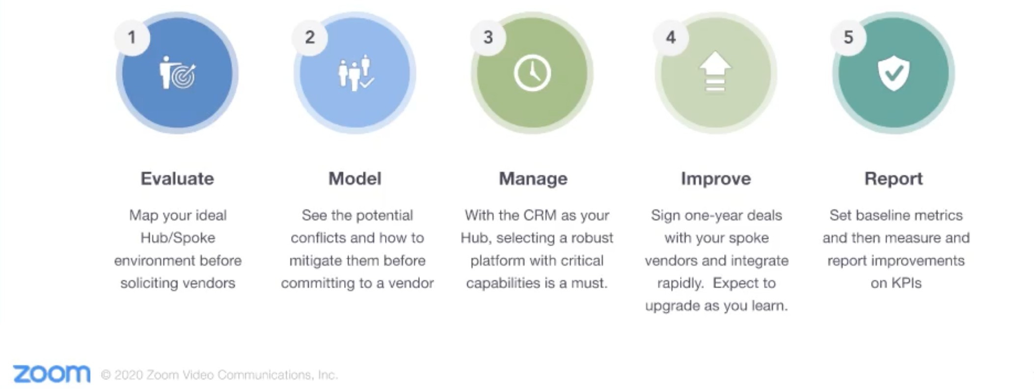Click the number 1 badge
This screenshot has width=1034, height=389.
click(132, 37)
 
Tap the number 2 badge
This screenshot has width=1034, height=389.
click(309, 37)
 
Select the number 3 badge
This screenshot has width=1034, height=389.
click(488, 37)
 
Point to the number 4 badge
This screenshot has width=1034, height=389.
click(671, 37)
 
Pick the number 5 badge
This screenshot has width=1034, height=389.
click(848, 37)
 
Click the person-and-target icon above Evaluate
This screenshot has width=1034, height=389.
click(177, 74)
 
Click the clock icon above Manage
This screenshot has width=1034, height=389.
click(532, 74)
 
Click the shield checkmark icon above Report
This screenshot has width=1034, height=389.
click(894, 74)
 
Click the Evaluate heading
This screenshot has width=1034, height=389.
click(177, 178)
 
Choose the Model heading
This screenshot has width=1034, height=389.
click(355, 178)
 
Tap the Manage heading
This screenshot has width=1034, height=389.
click(533, 178)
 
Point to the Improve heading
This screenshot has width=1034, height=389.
click(716, 178)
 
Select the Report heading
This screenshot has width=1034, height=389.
click(894, 178)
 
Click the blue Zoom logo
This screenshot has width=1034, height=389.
click(52, 374)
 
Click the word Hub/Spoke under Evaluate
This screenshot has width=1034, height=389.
click(178, 238)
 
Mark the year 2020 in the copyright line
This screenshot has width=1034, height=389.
click(129, 375)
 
